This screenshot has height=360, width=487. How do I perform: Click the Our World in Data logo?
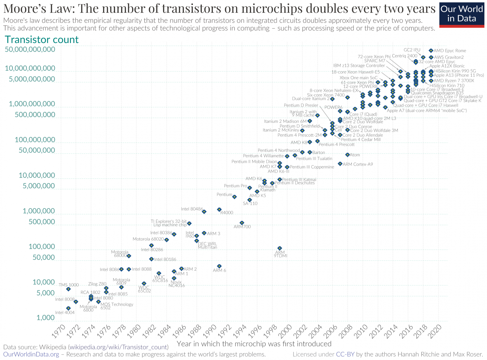pos(462,14)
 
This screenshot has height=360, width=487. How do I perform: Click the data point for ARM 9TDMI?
pos(280,248)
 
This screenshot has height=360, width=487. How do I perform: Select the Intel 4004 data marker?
pos(68,308)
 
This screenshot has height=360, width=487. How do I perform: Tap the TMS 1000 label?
pos(69,285)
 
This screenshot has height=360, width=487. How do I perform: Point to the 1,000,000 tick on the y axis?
pos(39,211)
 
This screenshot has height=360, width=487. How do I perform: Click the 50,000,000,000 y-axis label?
pos(30,49)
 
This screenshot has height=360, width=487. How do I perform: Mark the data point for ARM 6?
pos(219,266)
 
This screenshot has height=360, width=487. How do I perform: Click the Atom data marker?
pos(347,155)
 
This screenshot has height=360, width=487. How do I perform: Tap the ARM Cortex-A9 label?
pos(358,164)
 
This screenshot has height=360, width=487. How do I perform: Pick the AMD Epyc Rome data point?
pos(431,51)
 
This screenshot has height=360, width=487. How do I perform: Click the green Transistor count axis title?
pos(42,40)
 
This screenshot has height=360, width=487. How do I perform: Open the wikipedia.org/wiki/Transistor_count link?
pos(119,347)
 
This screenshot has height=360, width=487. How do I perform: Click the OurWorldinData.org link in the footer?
pos(31,354)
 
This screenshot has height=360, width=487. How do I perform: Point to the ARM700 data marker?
pos(242,223)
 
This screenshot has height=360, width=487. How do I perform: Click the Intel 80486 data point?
pos(204,212)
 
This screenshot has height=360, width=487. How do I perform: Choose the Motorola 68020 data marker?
pos(167,240)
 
